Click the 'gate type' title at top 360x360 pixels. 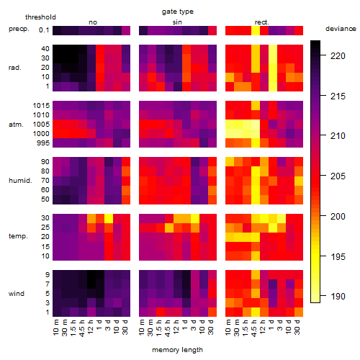(178, 12)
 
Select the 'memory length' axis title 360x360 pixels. (177, 350)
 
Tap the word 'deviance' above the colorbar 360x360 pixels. (341, 29)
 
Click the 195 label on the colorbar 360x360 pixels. (338, 257)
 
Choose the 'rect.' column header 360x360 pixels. (261, 22)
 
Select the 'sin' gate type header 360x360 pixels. (177, 22)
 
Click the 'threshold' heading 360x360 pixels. (40, 17)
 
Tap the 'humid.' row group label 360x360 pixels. (20, 181)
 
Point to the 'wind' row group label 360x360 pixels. (17, 294)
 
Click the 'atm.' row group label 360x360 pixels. (16, 125)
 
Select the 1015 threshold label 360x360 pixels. (41, 106)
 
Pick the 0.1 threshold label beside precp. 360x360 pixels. (44, 30)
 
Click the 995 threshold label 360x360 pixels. (43, 143)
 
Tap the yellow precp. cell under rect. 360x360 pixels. (256, 30)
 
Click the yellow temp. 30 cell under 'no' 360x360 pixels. (109, 218)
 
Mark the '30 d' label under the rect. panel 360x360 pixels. (297, 327)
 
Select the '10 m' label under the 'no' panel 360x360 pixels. (55, 328)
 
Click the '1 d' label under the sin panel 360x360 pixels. (184, 325)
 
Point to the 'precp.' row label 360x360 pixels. (19, 29)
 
